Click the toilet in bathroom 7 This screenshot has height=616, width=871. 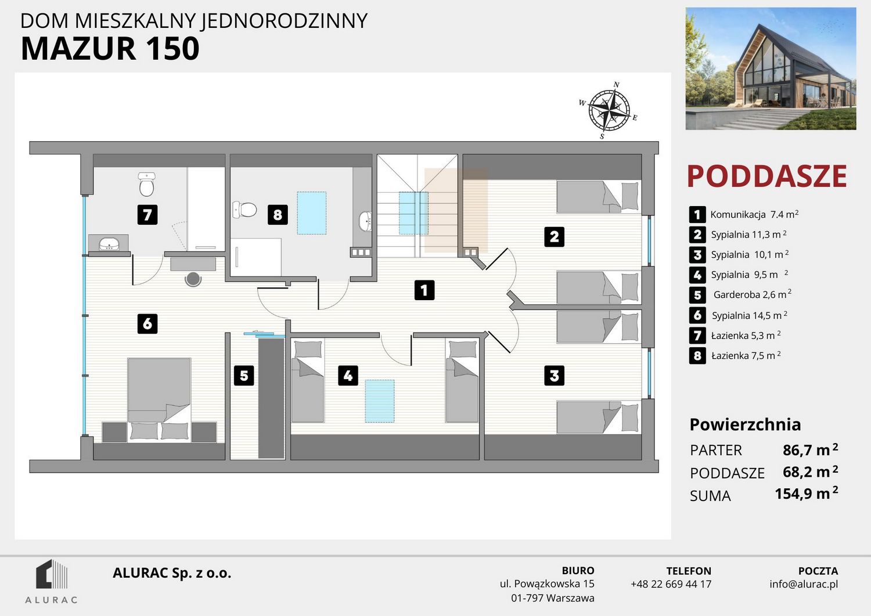pyautogui.click(x=146, y=184)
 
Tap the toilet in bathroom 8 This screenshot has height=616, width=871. pyautogui.click(x=244, y=210)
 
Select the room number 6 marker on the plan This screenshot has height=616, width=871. pyautogui.click(x=147, y=323)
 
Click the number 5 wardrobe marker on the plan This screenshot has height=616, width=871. pyautogui.click(x=244, y=376)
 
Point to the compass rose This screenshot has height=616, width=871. pyautogui.click(x=609, y=110)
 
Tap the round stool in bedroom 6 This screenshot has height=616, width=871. pyautogui.click(x=193, y=279)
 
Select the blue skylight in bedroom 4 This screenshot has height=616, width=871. pyautogui.click(x=380, y=401)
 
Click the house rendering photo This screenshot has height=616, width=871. pyautogui.click(x=771, y=69)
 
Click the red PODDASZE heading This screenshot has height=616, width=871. pyautogui.click(x=767, y=176)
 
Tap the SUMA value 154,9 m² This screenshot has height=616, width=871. pyautogui.click(x=807, y=493)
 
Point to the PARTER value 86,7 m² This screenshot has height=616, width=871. pyautogui.click(x=811, y=449)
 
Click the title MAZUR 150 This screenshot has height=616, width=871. pyautogui.click(x=110, y=49)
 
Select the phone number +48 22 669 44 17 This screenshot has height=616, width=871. pyautogui.click(x=671, y=584)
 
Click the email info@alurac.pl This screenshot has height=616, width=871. pyautogui.click(x=804, y=584)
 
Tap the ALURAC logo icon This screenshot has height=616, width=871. pyautogui.click(x=51, y=574)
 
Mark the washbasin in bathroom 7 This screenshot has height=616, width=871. pyautogui.click(x=109, y=244)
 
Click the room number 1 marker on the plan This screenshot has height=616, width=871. pyautogui.click(x=424, y=290)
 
